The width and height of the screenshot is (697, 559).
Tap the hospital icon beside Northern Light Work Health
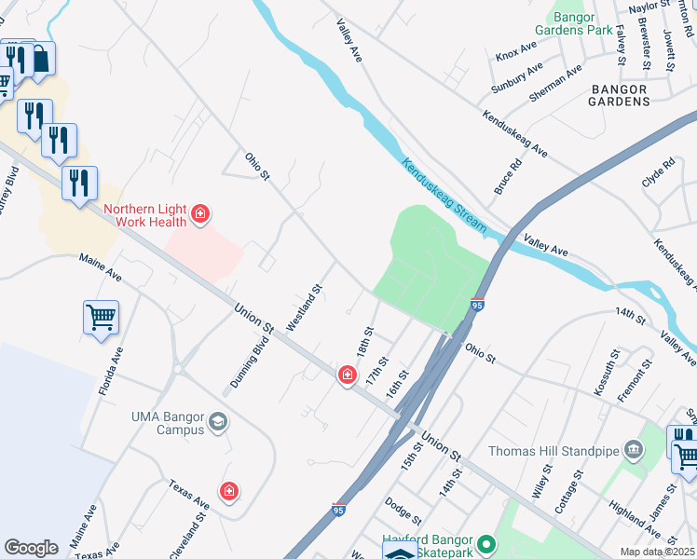pos(199,216)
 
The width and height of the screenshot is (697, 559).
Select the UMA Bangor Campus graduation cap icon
pos(218,424)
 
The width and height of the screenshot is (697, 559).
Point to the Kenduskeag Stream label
pos(444,196)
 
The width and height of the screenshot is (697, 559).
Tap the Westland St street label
pos(304,308)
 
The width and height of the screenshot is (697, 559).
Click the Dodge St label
pos(403,510)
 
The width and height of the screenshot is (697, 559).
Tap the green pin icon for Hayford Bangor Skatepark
pos(485,543)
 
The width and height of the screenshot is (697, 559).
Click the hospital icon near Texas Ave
pos(228,490)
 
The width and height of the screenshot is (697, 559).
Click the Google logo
pos(31,547)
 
